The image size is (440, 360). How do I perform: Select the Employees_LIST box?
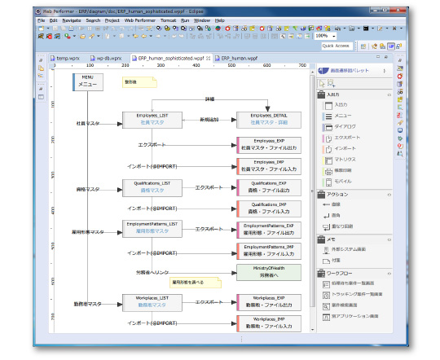click(152, 120)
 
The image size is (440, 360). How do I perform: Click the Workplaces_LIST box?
click(152, 302)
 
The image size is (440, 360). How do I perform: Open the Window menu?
click(201, 20)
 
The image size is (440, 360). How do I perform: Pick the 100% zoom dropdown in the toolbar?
click(324, 36)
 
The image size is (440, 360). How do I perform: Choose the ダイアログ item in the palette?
click(345, 127)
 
